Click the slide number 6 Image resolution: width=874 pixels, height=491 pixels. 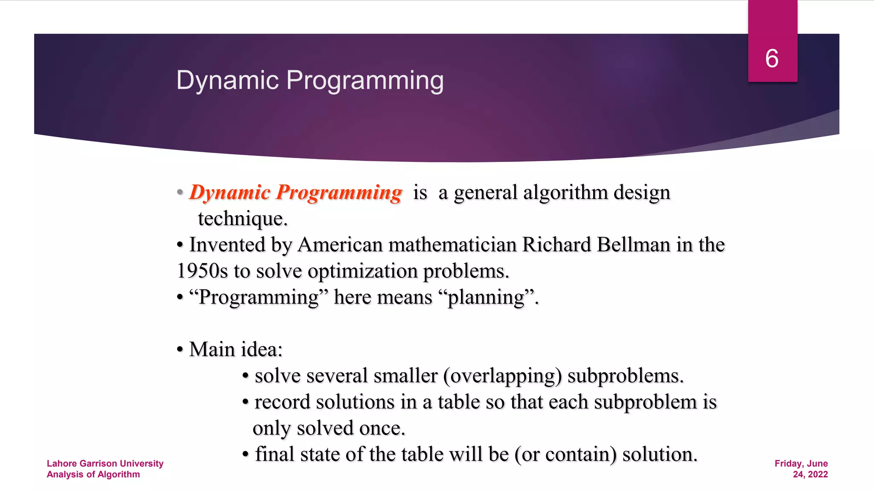click(772, 58)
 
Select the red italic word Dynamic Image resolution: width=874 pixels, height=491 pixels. click(230, 193)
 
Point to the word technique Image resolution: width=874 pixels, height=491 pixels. click(242, 219)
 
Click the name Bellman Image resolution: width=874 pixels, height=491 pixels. click(633, 245)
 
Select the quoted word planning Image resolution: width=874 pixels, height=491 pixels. click(486, 297)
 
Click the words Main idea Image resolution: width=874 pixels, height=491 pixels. click(236, 349)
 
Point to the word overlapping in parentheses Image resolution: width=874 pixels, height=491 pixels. click(502, 376)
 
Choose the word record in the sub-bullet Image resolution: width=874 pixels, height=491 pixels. click(282, 402)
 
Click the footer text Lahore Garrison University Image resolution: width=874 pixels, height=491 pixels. click(105, 463)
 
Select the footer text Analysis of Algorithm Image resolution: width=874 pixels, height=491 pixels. click(93, 474)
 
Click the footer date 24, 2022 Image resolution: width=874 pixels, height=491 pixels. click(810, 474)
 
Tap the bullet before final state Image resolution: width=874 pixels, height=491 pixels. click(245, 455)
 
